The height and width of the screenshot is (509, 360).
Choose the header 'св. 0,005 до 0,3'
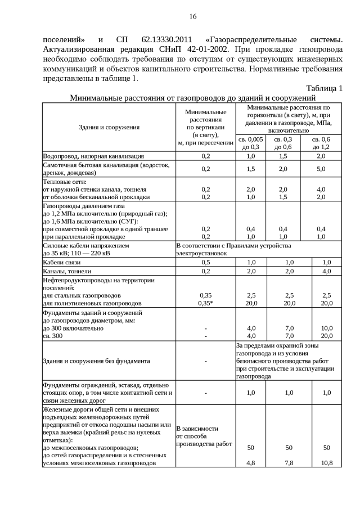coord(250,142)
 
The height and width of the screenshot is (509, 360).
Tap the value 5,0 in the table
coord(321,169)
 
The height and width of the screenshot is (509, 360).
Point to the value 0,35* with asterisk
coord(206,303)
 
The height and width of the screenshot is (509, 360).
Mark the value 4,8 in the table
coord(251,463)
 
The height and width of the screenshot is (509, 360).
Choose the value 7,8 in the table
coord(289,463)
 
